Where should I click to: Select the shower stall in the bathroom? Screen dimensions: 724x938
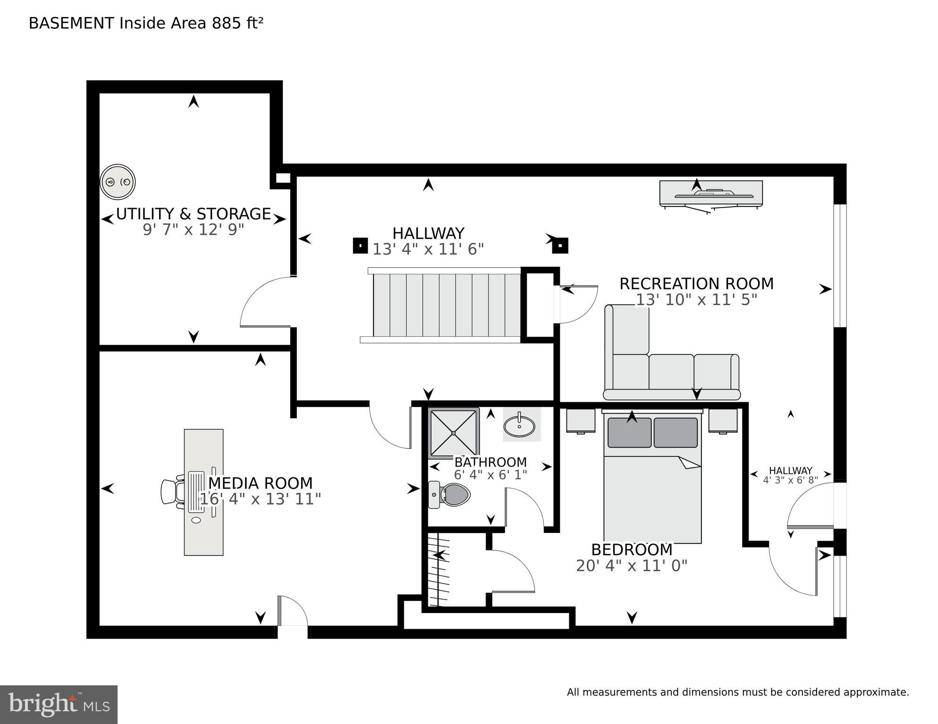pyautogui.click(x=453, y=433)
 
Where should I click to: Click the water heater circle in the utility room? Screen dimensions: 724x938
pyautogui.click(x=118, y=182)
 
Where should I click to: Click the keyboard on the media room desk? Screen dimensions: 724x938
pyautogui.click(x=196, y=492)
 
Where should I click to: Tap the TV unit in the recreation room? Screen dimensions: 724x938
pyautogui.click(x=710, y=194)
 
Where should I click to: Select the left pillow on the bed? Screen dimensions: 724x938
pyautogui.click(x=629, y=433)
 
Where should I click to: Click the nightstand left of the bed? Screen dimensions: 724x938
pyautogui.click(x=581, y=421)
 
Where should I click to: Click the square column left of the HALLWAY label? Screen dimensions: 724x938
pyautogui.click(x=360, y=246)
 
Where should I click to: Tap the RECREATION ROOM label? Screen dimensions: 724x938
pyautogui.click(x=696, y=284)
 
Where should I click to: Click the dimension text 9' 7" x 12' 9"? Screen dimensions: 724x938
pyautogui.click(x=193, y=230)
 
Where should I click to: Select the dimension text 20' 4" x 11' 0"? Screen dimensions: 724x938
pyautogui.click(x=631, y=566)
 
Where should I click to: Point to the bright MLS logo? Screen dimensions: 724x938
pyautogui.click(x=59, y=704)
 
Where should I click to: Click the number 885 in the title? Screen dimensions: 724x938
pyautogui.click(x=227, y=23)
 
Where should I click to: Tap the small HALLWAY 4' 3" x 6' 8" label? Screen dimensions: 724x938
pyautogui.click(x=790, y=475)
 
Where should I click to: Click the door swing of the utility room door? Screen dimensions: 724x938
pyautogui.click(x=264, y=302)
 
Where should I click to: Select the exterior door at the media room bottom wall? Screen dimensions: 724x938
pyautogui.click(x=293, y=611)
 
